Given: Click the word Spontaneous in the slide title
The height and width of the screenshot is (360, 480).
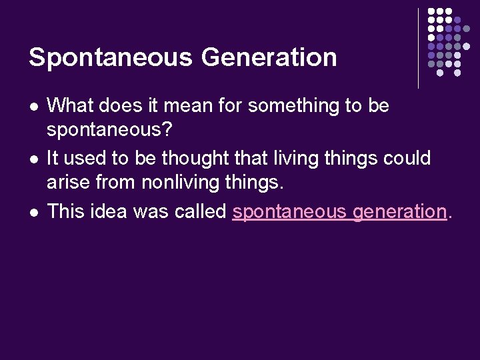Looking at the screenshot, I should [110, 57].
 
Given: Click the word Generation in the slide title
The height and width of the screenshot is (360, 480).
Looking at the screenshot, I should [269, 57].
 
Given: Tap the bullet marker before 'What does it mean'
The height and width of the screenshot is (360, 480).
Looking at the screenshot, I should [33, 106].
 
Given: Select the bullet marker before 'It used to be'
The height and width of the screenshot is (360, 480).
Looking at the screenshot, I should [33, 159].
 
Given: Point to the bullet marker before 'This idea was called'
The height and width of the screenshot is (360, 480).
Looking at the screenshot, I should [33, 212].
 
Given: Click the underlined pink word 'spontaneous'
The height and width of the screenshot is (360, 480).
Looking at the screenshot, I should [290, 212].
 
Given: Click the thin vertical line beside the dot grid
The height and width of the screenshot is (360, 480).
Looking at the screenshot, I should [419, 48].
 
